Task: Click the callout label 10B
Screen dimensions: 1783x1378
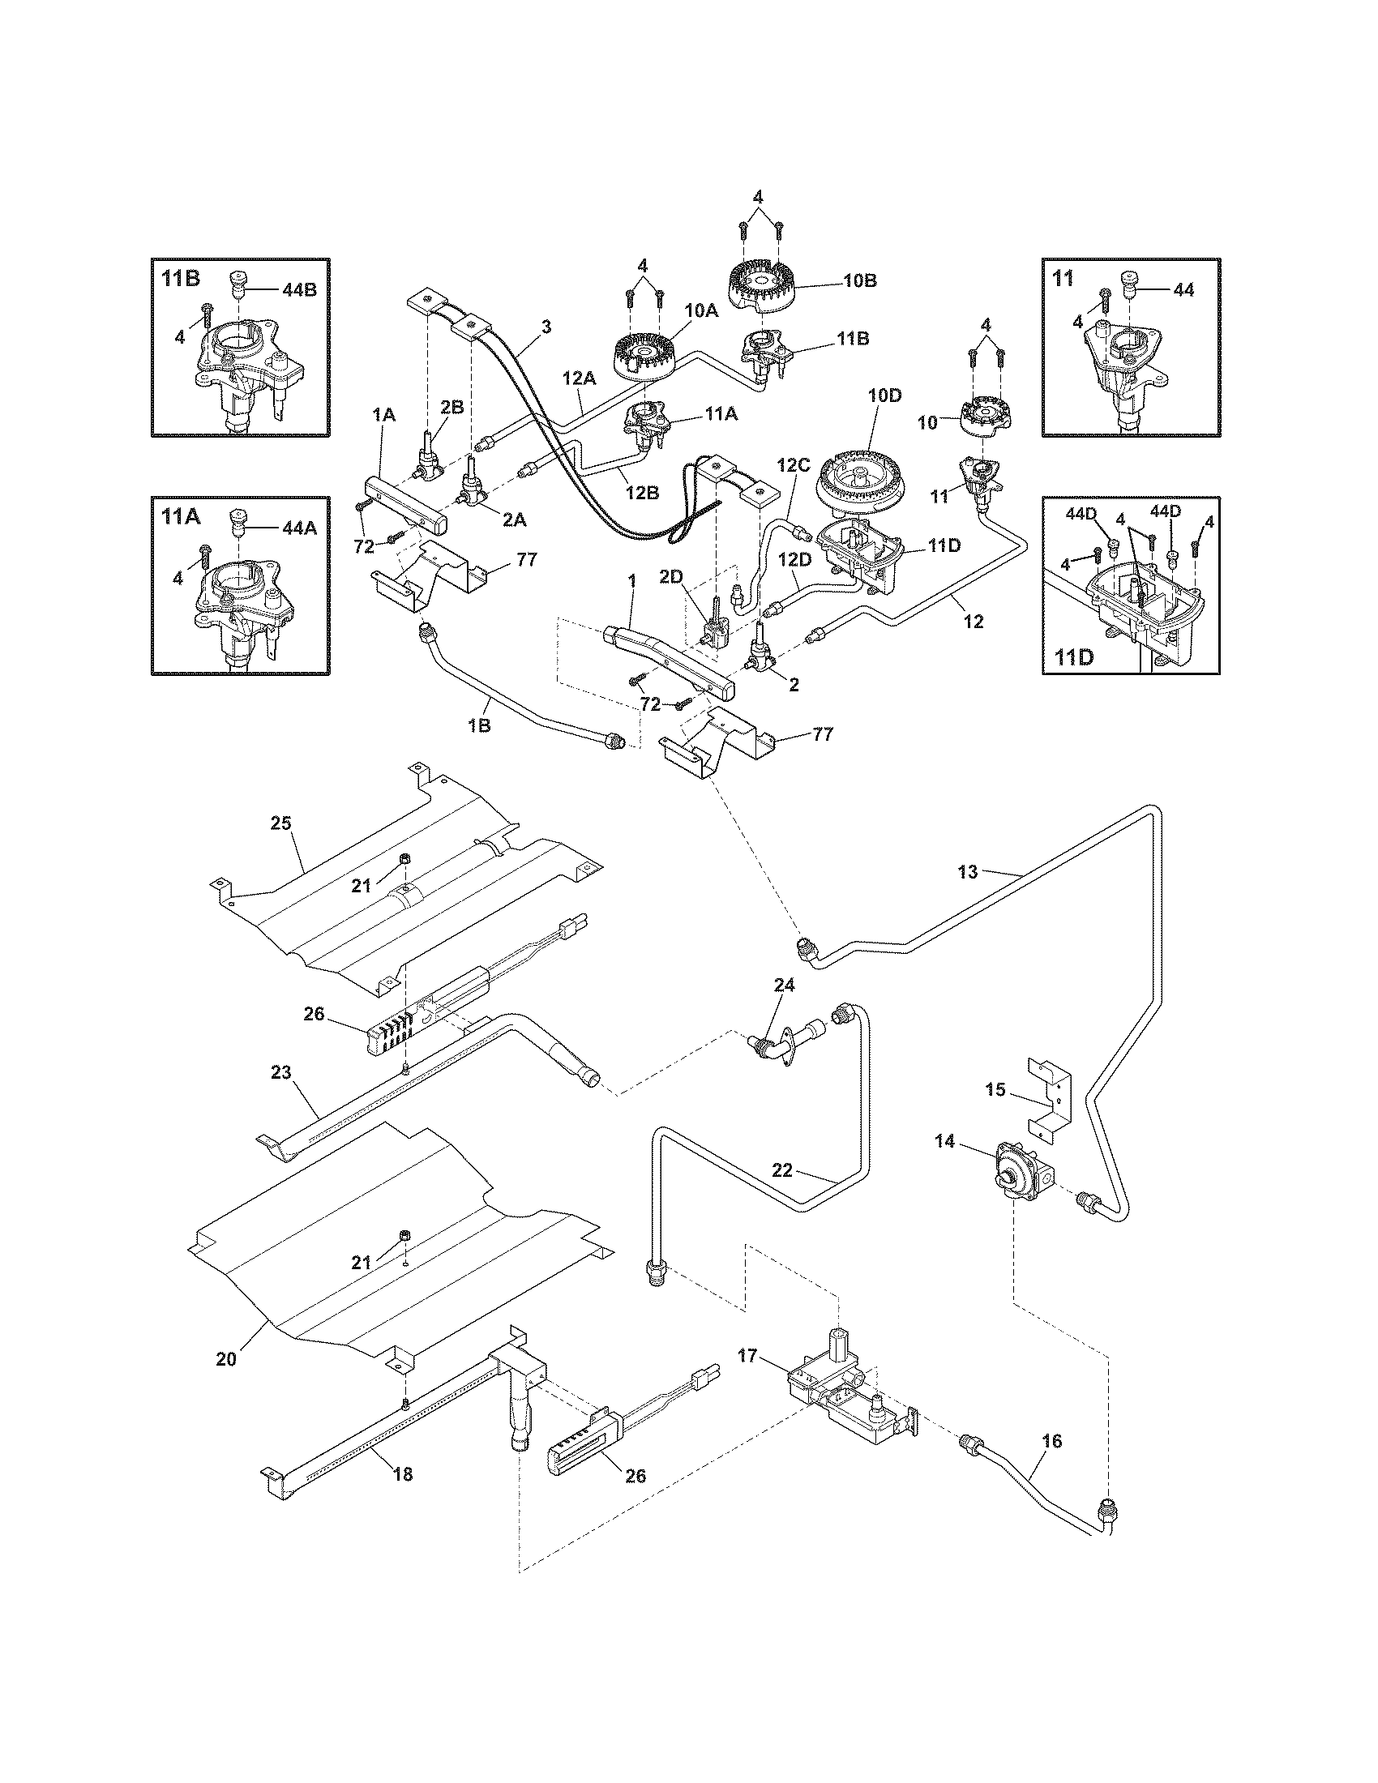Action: [x=859, y=280]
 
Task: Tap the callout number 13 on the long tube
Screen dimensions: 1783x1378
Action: [x=967, y=873]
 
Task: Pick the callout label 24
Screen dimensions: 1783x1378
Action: [x=784, y=986]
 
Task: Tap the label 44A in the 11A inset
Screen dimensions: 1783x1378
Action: [x=298, y=528]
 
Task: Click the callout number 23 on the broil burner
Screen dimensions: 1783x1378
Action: [x=280, y=1071]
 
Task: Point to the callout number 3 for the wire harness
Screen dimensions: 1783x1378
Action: [x=546, y=327]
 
